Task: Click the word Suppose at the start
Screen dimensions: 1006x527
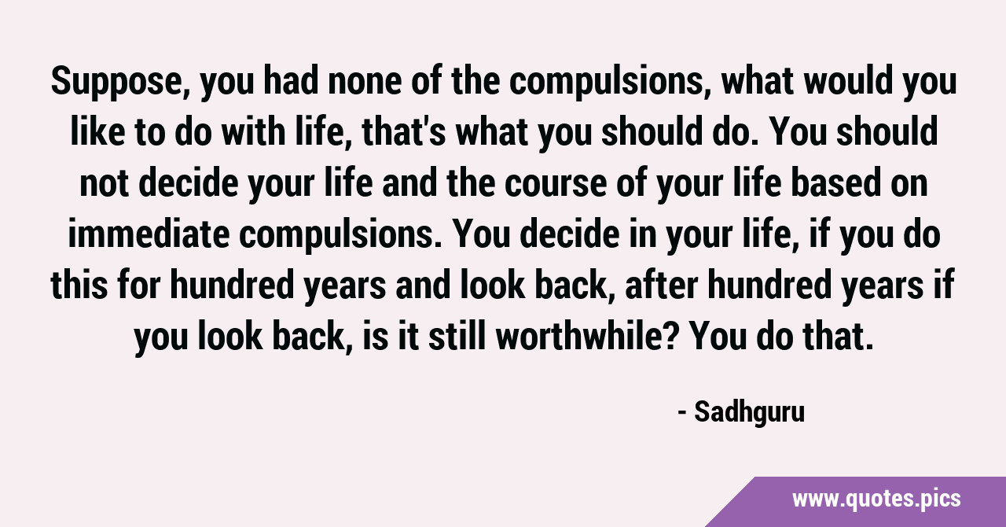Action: [120, 82]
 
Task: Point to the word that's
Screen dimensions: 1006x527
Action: [403, 132]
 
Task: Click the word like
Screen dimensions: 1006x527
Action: [97, 131]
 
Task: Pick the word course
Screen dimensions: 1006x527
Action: [556, 183]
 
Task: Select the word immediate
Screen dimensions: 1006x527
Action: [149, 234]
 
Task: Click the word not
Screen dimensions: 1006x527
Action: [104, 185]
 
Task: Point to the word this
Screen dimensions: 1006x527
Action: [79, 285]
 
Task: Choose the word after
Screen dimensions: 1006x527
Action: [662, 285]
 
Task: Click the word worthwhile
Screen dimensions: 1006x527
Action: [578, 336]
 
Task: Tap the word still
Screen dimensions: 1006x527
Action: [457, 336]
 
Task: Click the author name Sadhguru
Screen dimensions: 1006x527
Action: [750, 412]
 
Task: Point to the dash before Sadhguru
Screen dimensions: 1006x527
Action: [682, 413]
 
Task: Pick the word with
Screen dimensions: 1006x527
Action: [254, 131]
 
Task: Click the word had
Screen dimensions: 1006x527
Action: [291, 81]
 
